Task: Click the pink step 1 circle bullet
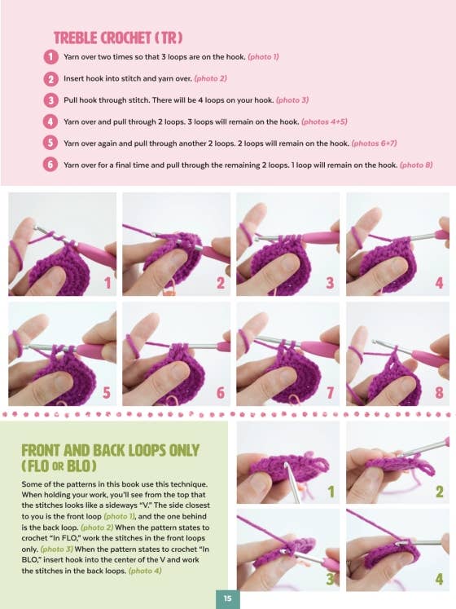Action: coord(50,57)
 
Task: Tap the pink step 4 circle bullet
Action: coord(50,121)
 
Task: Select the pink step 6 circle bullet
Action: coord(50,165)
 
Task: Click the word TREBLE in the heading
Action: coord(75,38)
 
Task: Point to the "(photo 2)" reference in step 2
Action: coord(210,78)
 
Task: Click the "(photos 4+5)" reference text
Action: coord(324,121)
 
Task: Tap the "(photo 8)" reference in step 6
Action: coord(416,165)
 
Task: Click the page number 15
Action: coord(228,598)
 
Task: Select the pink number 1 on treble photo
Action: coord(107,282)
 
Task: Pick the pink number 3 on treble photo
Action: coord(330,282)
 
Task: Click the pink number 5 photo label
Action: coord(107,392)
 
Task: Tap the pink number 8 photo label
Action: coord(439,392)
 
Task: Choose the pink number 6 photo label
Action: coord(221,392)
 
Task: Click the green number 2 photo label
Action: coord(439,492)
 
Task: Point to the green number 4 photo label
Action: coord(439,579)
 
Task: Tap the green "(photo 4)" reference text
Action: coord(145,571)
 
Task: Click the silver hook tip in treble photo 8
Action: coord(375,342)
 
